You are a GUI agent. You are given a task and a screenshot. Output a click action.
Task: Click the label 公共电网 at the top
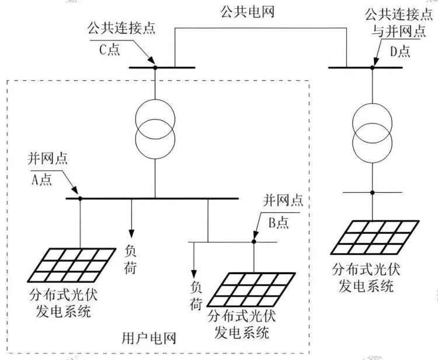247,12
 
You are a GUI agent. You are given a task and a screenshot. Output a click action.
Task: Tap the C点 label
110,50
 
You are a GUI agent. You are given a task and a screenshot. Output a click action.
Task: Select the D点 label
400,51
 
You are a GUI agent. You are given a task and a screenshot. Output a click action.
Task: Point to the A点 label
42,180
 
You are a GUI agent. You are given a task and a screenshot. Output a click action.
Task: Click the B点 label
279,223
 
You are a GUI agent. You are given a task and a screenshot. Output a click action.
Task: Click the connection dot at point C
155,67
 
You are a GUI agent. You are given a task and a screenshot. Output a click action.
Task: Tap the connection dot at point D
372,67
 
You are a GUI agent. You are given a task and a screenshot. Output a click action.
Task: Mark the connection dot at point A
80,199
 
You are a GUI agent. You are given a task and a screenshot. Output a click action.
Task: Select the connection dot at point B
254,241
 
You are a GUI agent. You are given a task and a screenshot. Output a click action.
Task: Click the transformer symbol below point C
155,129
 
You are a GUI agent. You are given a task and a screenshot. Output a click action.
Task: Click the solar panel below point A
71,265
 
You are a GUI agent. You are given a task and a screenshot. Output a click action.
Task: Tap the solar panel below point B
251,289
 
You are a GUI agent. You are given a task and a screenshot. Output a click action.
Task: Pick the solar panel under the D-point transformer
375,237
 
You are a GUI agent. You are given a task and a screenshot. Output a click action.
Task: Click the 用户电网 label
149,338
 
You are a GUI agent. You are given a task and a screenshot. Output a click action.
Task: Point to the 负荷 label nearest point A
130,259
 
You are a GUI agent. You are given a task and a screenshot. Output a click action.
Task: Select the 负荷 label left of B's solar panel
196,296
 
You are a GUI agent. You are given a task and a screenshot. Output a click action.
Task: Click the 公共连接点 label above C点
121,28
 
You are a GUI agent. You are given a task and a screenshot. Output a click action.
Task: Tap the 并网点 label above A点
47,158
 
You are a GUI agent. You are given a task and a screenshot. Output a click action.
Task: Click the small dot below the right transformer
372,192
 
